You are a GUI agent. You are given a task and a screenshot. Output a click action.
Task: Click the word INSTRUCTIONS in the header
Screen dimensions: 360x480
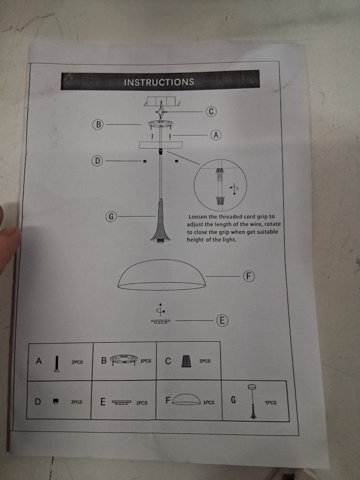tap(159, 82)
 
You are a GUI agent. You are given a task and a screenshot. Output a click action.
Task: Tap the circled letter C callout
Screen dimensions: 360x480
tap(211, 111)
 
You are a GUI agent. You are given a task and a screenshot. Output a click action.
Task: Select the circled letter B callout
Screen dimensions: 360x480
tap(98, 124)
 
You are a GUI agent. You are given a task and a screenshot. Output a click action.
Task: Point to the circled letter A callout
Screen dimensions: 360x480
tap(216, 135)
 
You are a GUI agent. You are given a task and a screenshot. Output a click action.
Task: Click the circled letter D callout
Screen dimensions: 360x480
tap(97, 160)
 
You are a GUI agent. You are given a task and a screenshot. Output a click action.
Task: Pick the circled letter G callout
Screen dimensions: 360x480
tap(111, 216)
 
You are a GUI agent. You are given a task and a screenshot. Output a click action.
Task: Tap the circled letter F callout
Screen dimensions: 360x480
tap(249, 276)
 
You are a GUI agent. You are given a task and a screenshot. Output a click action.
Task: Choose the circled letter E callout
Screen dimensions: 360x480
tap(222, 320)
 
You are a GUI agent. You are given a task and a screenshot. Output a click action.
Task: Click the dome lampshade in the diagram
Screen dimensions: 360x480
tap(161, 274)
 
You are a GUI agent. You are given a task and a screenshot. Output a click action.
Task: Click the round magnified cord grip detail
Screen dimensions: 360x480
tap(220, 185)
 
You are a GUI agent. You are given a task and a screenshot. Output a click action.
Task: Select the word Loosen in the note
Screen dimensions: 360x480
tap(197, 216)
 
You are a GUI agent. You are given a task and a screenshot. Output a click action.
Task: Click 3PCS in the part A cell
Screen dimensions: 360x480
tap(77, 362)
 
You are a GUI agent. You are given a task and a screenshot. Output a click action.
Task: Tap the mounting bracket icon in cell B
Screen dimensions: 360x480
tap(124, 359)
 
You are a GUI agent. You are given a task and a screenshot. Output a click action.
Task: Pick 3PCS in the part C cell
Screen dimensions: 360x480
tap(205, 361)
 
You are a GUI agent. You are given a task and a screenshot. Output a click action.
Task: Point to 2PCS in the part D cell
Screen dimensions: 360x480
tap(76, 402)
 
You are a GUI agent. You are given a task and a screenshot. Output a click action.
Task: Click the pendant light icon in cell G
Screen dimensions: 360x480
tap(253, 401)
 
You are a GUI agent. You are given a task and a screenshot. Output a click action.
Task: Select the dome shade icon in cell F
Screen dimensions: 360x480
tap(186, 399)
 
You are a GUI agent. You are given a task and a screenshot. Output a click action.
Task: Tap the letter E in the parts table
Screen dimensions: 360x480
tap(103, 401)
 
